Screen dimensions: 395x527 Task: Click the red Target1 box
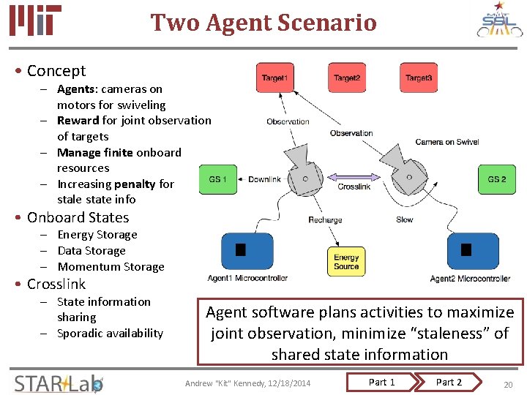274,78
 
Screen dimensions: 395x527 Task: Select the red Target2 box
346,78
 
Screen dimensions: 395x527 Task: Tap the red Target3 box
419,78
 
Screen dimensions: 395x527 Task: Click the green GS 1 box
218,179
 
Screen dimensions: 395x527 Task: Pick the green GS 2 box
498,179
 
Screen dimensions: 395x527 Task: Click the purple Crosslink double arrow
354,176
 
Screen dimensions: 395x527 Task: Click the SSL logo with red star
500,21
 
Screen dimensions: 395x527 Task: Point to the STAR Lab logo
59,383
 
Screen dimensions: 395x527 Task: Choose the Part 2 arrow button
449,382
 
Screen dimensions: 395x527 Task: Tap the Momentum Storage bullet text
111,267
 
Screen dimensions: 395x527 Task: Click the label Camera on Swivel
446,142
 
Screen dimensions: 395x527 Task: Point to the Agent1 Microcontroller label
247,278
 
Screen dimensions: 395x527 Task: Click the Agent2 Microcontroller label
470,279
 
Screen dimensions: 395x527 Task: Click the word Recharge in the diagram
325,220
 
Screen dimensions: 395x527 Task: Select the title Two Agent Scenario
263,23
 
